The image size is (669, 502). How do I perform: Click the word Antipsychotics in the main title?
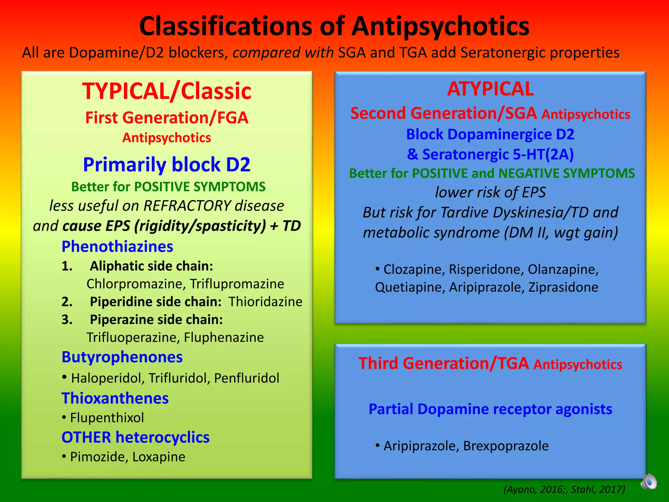pyautogui.click(x=440, y=26)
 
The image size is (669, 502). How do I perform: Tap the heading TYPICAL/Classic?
pyautogui.click(x=167, y=91)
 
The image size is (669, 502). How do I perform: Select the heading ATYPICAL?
pyautogui.click(x=490, y=89)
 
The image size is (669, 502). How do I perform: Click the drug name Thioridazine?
pyautogui.click(x=265, y=302)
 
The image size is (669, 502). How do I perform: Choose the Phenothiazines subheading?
pyautogui.click(x=117, y=246)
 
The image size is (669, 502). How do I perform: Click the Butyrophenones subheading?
pyautogui.click(x=122, y=357)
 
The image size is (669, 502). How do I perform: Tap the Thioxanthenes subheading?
pyautogui.click(x=115, y=398)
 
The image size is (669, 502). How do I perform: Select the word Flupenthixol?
pyautogui.click(x=107, y=418)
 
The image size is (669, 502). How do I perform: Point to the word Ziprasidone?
pyautogui.click(x=563, y=287)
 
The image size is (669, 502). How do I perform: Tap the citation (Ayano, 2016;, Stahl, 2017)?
pyautogui.click(x=564, y=489)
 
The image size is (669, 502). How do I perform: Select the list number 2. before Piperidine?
pyautogui.click(x=67, y=302)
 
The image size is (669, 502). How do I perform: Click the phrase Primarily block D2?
pyautogui.click(x=167, y=164)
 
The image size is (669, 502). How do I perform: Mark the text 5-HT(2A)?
pyautogui.click(x=543, y=154)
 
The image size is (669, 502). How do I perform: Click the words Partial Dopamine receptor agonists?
pyautogui.click(x=490, y=409)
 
